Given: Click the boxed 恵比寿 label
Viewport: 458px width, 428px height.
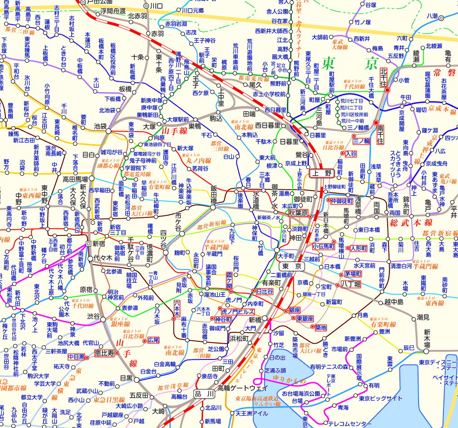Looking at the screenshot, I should [104, 352].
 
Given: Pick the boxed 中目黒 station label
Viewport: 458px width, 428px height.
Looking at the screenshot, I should [76, 357].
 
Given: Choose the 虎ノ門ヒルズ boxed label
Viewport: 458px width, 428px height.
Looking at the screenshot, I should [237, 312].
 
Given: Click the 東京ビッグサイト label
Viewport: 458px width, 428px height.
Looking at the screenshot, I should [380, 398].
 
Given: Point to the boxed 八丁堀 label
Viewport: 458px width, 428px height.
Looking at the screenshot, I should [348, 284].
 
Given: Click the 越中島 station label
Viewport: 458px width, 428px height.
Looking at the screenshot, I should [394, 301].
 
